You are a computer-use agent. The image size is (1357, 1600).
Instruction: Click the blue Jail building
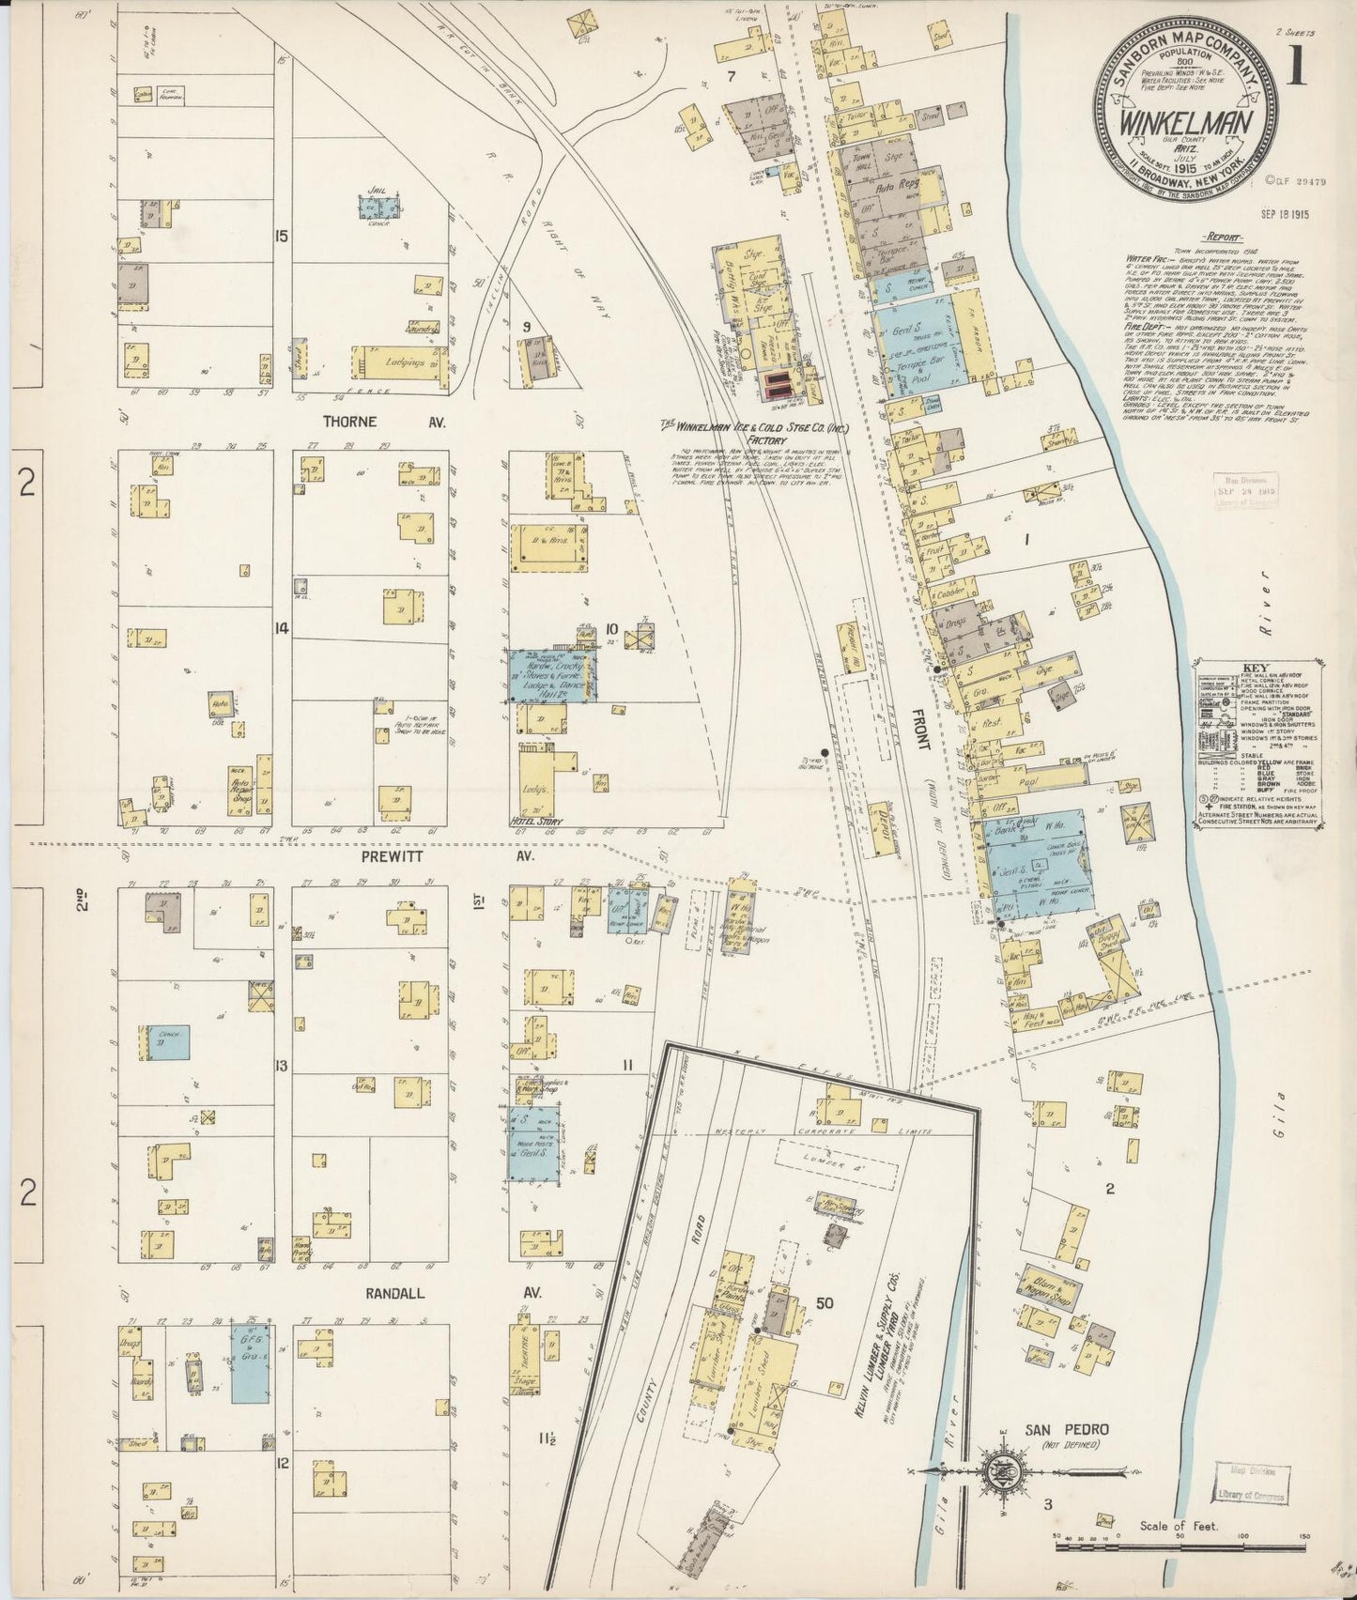point(378,209)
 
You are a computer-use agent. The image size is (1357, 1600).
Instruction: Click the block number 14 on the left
point(280,628)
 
